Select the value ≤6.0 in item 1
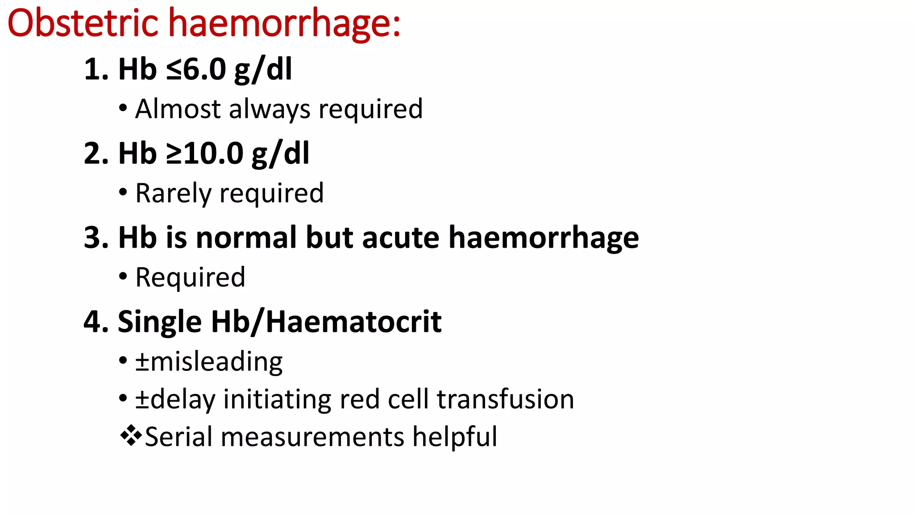click(196, 70)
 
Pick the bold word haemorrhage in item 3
click(544, 238)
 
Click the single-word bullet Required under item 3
click(190, 278)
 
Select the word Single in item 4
click(159, 322)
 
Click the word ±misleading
click(209, 361)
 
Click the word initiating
click(277, 399)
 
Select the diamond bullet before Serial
click(131, 435)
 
